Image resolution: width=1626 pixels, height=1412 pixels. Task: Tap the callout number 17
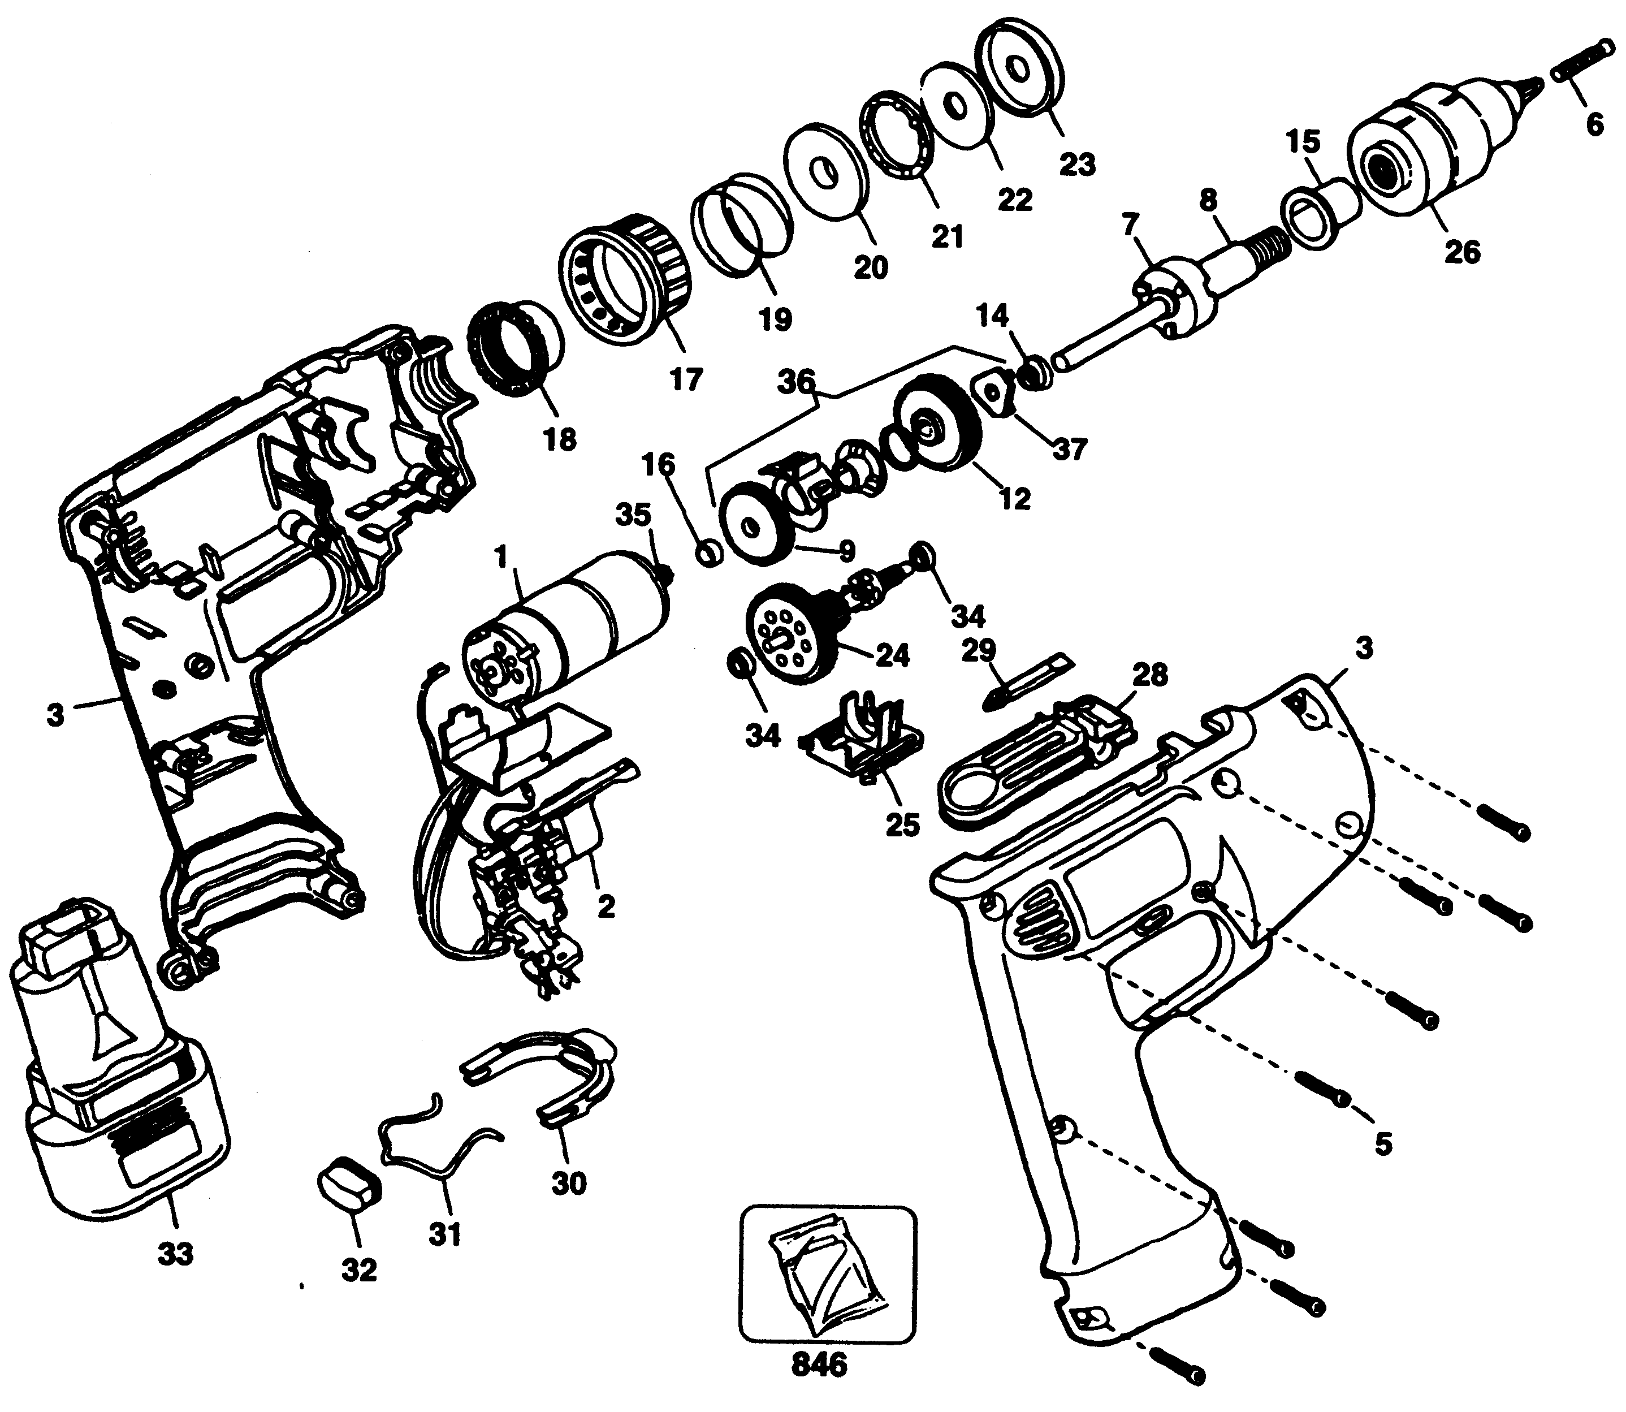pos(685,381)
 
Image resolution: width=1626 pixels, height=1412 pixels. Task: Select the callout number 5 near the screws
pos(1383,1166)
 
